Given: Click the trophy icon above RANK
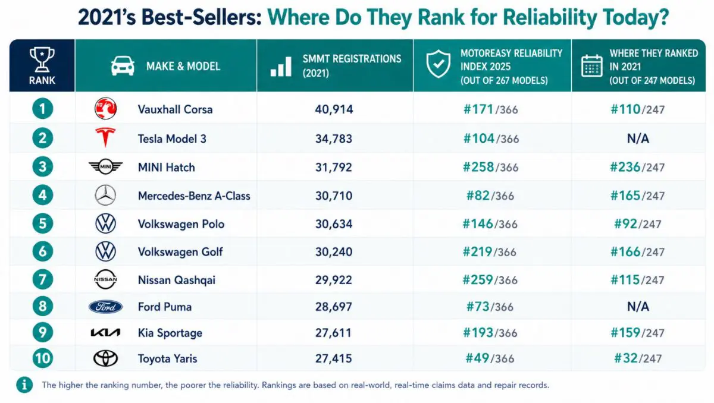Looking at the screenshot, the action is (x=42, y=59).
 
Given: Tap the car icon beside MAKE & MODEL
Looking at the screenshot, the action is (x=123, y=66).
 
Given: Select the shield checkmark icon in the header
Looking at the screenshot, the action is (x=439, y=64).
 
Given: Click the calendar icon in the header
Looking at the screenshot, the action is (x=591, y=66).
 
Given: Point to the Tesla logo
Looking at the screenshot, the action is (x=105, y=137).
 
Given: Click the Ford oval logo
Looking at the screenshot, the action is (x=105, y=307).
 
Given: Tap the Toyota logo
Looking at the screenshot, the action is (x=105, y=358).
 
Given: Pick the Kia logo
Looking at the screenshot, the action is (x=105, y=333).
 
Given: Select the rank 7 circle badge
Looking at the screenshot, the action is (x=42, y=279).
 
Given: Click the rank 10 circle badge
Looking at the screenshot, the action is (x=42, y=358).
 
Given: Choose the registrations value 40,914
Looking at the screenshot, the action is (x=334, y=109).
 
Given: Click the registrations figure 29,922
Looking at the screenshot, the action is (x=333, y=280).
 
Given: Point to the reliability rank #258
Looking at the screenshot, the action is (x=478, y=167).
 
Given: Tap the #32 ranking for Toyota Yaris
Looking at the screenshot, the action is (x=625, y=358).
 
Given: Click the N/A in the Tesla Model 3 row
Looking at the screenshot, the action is (x=638, y=138).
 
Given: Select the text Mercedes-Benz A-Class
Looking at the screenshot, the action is (x=194, y=196).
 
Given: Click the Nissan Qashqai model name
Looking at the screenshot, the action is (x=177, y=281).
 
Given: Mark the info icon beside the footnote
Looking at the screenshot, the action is (x=24, y=385).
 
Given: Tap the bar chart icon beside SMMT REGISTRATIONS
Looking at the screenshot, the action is (x=281, y=67).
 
